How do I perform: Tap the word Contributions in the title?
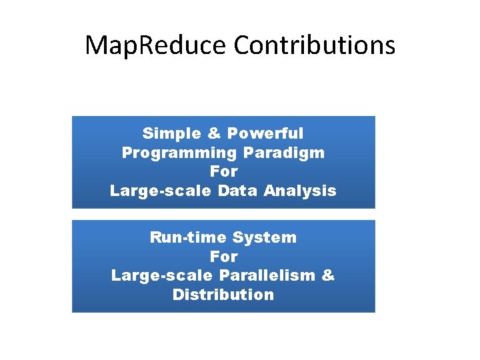click(x=315, y=45)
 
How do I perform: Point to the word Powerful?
click(x=265, y=133)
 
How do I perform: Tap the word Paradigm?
click(x=284, y=153)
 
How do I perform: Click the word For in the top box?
click(x=223, y=171)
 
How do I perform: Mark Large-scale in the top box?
click(x=154, y=191)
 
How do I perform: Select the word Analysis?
click(x=300, y=191)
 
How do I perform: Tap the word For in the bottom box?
click(x=223, y=256)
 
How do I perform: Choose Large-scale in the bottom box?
click(x=155, y=275)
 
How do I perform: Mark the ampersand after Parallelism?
click(x=328, y=275)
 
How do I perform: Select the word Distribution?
click(x=223, y=295)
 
